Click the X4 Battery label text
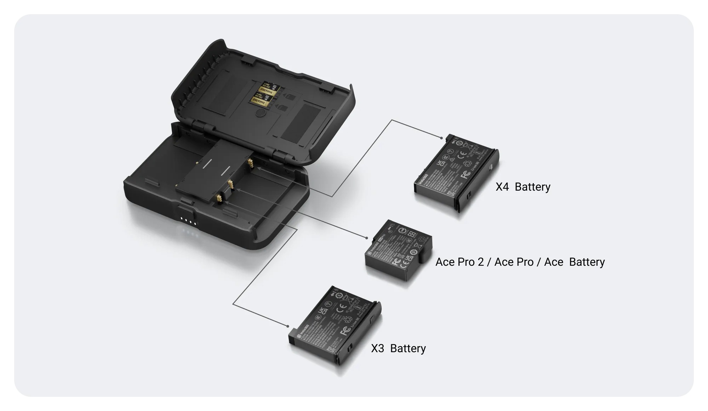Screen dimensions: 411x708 523,187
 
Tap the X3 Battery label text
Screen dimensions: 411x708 398,348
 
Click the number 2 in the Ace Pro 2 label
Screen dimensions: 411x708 480,262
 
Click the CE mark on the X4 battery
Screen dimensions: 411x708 462,155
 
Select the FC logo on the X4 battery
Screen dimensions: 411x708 465,174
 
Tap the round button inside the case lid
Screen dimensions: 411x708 261,113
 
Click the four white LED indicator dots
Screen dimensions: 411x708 188,221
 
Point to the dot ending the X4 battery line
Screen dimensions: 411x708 441,137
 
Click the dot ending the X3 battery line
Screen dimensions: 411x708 288,326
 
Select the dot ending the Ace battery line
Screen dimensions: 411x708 367,238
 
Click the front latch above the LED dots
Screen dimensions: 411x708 186,209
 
